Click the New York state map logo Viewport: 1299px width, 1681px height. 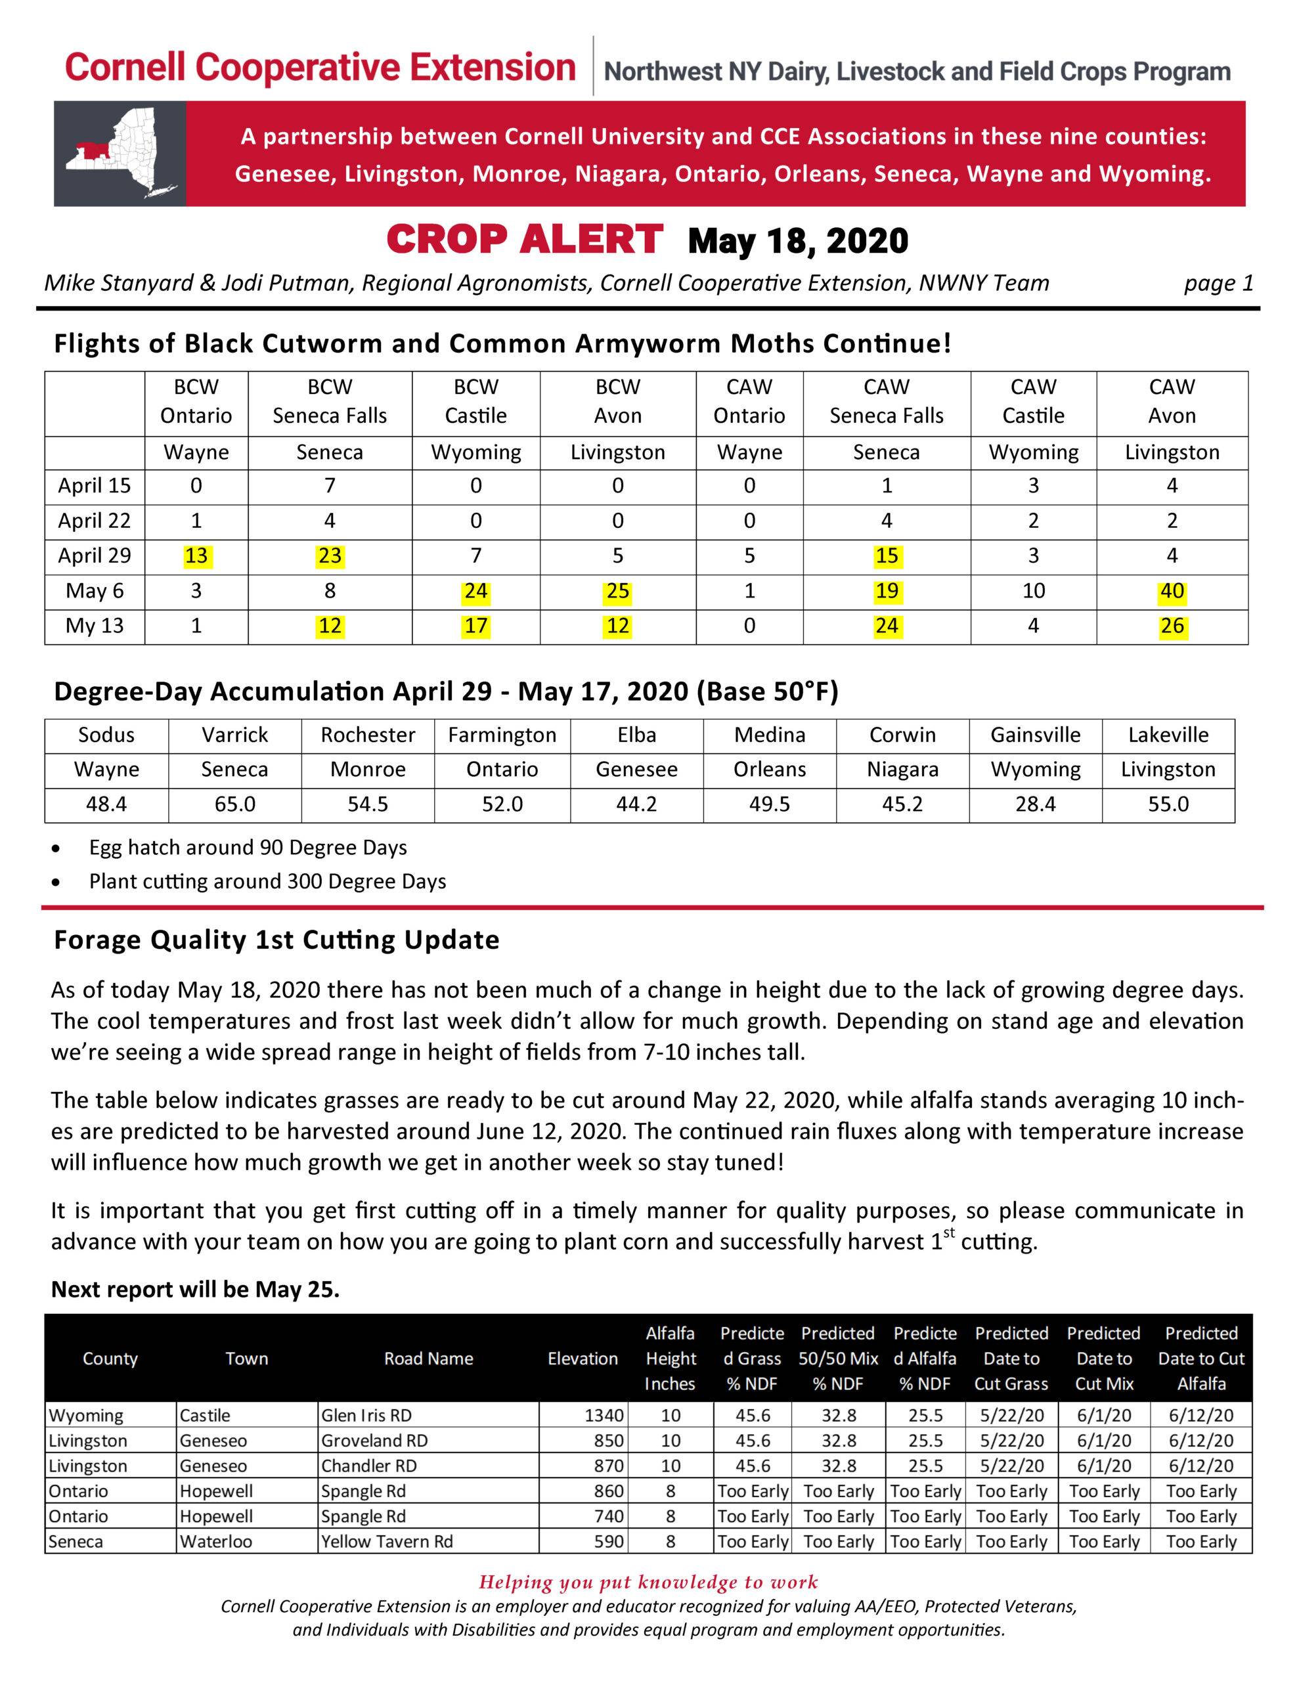120,154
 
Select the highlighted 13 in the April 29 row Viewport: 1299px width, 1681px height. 196,556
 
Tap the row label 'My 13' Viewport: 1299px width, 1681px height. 94,626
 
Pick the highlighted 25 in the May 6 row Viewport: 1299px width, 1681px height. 617,591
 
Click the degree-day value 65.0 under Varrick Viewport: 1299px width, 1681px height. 235,804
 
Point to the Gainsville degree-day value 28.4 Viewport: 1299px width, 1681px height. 1035,804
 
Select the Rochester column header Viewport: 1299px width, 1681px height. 368,735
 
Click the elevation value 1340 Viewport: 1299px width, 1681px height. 604,1414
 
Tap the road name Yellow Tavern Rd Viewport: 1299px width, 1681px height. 387,1541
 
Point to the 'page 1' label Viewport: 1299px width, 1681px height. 1218,283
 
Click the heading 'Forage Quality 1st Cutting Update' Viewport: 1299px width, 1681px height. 276,940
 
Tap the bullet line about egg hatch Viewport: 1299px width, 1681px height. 248,848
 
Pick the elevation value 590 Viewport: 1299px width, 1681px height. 608,1541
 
